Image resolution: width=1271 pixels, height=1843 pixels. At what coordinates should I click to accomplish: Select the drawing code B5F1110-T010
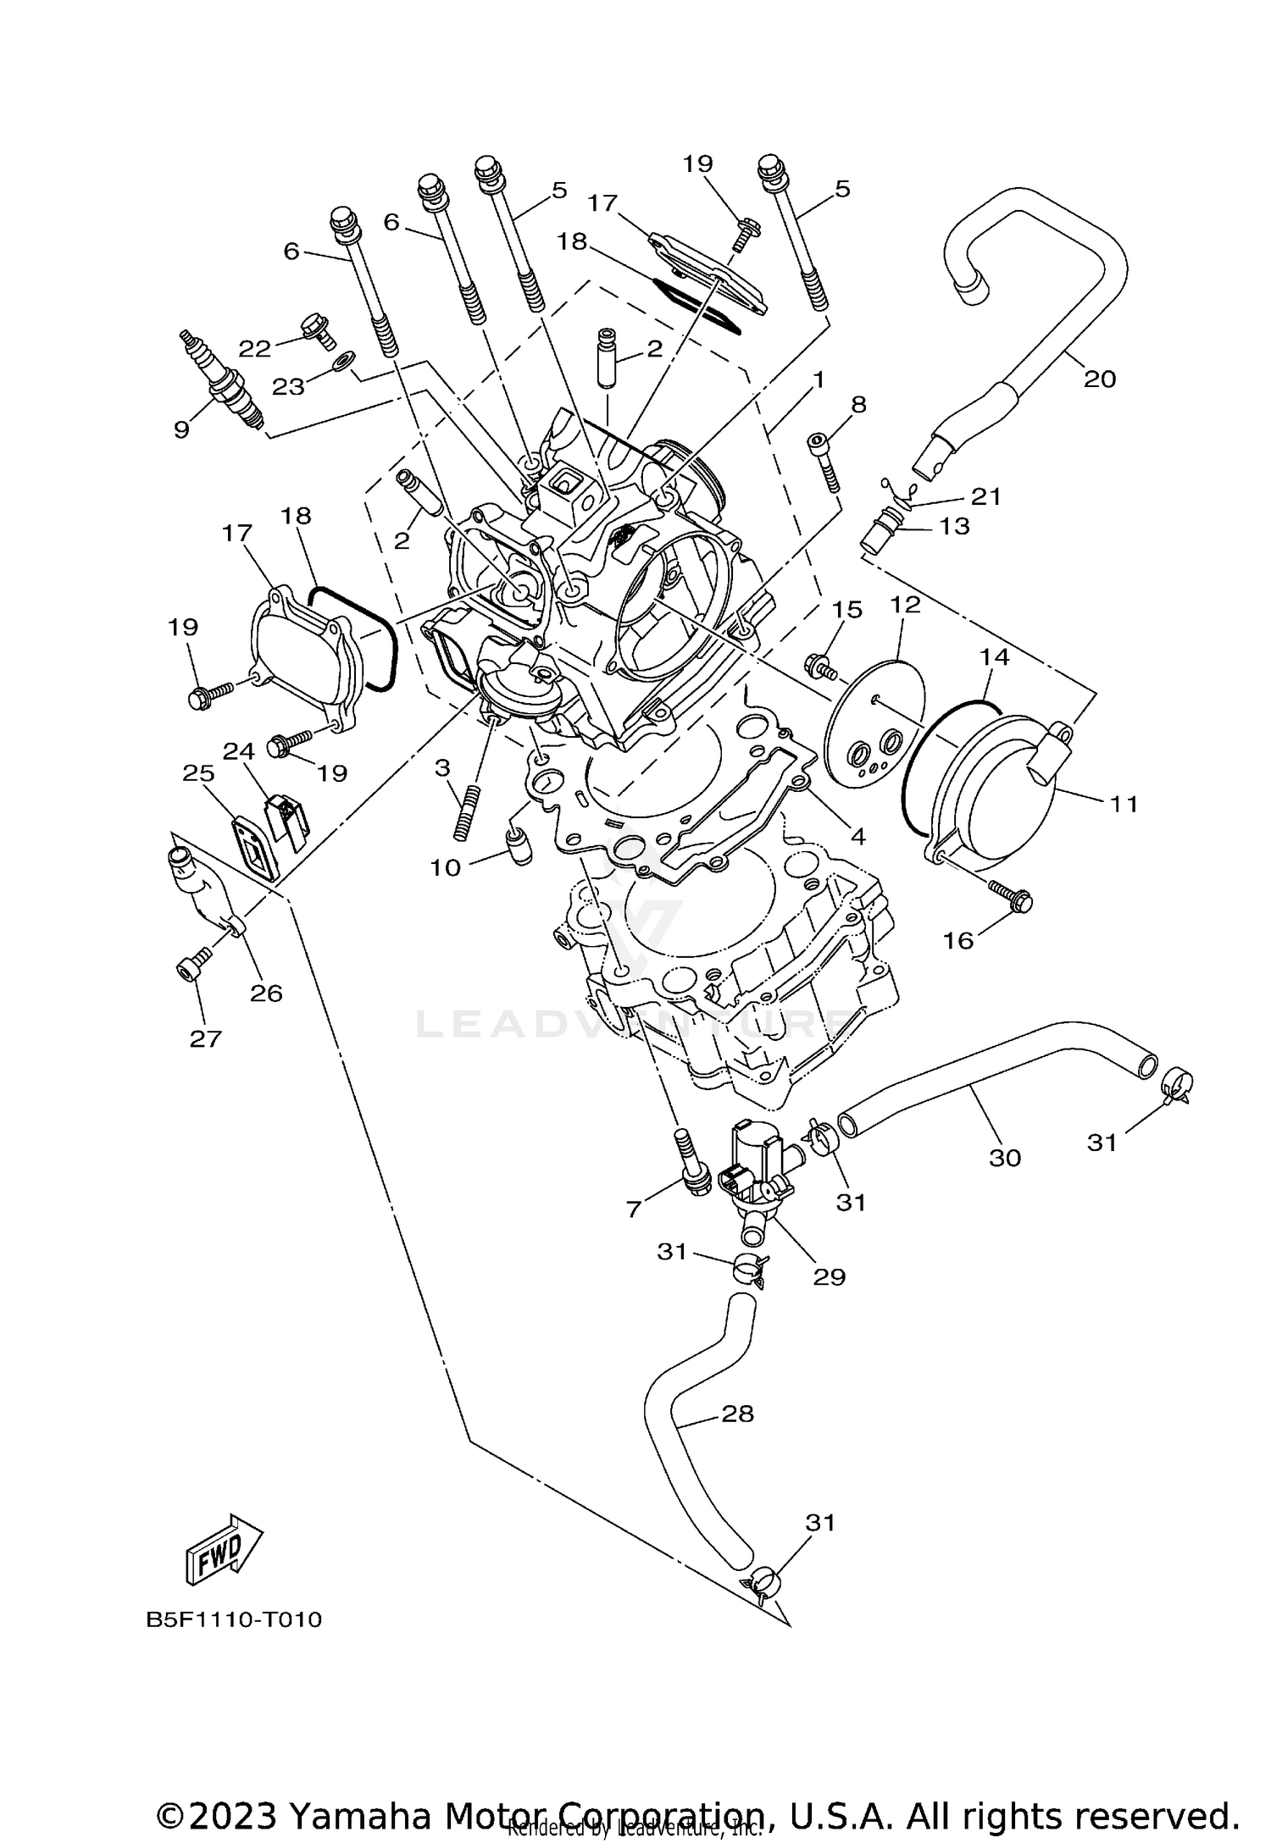click(234, 1619)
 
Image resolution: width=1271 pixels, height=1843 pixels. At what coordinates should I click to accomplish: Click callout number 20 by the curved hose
click(1100, 379)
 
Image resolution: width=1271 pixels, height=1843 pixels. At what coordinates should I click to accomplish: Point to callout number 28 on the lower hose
click(737, 1414)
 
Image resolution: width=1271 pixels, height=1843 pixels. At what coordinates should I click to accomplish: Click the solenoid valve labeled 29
click(754, 1165)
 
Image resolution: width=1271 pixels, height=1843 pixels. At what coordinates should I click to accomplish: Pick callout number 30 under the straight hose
click(1005, 1157)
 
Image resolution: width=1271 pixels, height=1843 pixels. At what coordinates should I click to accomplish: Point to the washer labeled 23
click(341, 363)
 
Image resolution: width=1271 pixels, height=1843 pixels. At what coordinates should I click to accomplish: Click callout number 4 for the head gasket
click(857, 837)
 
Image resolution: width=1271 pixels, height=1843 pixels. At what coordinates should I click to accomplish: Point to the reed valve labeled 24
click(286, 820)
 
